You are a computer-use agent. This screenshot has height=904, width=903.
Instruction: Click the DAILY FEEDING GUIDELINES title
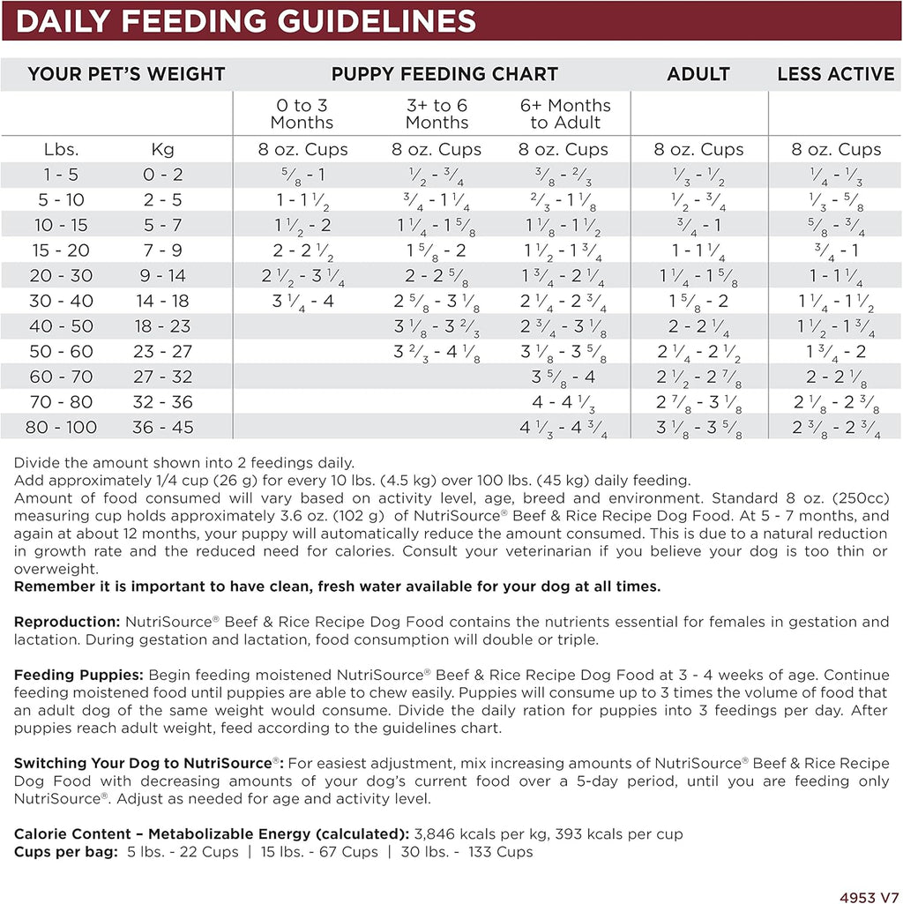[x=245, y=20]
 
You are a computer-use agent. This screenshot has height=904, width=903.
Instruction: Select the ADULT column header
[x=698, y=74]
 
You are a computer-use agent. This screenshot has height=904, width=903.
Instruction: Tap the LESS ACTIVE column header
[x=835, y=74]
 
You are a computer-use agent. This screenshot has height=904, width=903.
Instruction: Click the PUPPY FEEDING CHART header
[x=444, y=74]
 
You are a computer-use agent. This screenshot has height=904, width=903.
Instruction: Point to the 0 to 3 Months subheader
[x=302, y=114]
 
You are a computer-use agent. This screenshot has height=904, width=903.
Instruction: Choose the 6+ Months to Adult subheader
[x=565, y=114]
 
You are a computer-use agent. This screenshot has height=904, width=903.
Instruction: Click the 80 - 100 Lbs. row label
[x=62, y=428]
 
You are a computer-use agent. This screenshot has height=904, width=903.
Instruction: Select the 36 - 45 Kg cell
[x=163, y=428]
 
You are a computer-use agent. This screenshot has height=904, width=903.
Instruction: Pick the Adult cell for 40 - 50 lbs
[x=698, y=326]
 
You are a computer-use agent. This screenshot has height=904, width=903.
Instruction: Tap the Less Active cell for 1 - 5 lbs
[x=835, y=175]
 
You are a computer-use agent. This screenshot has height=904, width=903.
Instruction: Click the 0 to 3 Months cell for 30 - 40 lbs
[x=302, y=301]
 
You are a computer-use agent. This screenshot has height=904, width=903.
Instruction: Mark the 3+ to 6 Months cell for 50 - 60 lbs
[x=437, y=352]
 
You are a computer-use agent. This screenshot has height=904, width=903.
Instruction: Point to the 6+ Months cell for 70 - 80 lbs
[x=565, y=402]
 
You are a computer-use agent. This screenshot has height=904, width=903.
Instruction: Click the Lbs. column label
[x=62, y=149]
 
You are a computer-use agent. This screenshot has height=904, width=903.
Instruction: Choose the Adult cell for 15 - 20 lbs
[x=698, y=250]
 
